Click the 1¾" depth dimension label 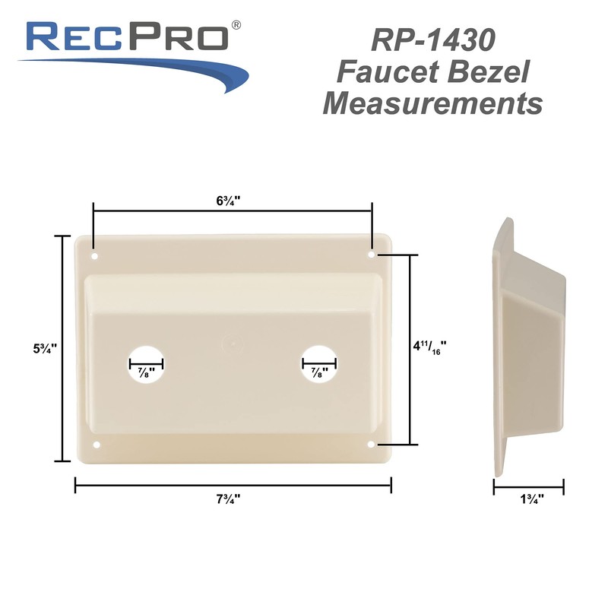(x=529, y=499)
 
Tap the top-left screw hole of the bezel (x=94, y=255)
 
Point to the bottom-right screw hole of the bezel (x=371, y=443)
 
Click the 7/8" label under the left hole (x=145, y=373)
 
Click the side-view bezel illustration (x=527, y=346)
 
